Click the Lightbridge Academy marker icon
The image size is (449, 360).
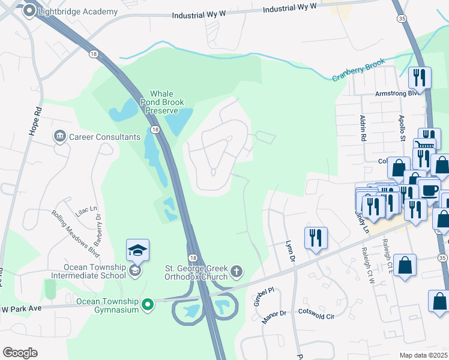pos(28,11)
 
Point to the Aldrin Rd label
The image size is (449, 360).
pos(363,128)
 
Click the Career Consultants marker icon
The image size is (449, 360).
pos(59,137)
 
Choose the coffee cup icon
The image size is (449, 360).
pos(429,189)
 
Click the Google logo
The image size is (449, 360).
pos(20,353)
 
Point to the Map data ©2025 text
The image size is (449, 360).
pos(423,355)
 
